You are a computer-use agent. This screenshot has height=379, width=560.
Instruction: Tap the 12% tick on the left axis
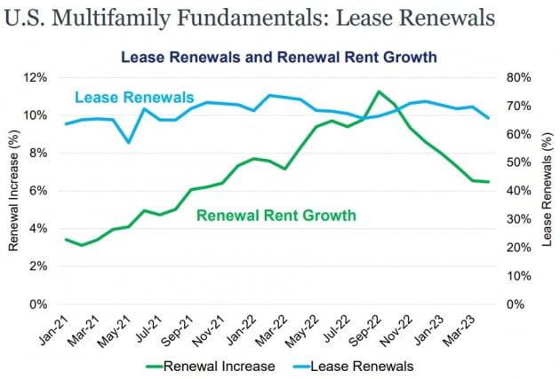pos(48,77)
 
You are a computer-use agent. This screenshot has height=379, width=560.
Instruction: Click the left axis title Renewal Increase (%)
pos(14,190)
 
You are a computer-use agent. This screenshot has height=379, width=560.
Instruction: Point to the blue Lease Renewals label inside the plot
pos(134,97)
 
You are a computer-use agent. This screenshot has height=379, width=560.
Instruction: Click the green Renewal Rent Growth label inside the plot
pos(276,215)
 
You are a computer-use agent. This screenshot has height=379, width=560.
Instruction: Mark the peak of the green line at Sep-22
pos(380,91)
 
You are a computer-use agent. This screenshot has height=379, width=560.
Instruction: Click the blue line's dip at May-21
pos(129,142)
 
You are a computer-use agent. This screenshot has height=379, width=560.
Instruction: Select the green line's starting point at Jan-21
pos(67,240)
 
